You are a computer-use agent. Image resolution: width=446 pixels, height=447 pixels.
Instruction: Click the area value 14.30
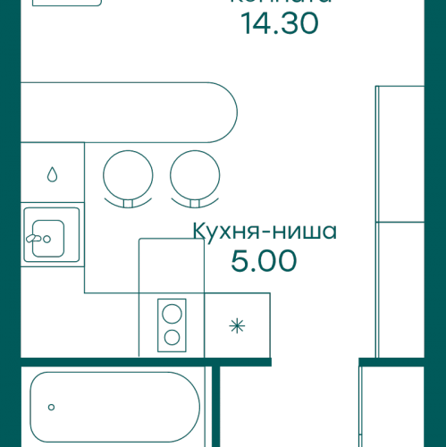280,24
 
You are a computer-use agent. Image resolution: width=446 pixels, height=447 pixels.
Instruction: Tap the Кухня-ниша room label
264,233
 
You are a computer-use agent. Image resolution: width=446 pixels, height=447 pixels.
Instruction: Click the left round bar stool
126,172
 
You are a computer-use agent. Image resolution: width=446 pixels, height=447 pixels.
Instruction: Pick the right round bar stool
192,172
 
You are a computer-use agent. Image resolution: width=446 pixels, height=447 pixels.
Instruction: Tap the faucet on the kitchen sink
37,239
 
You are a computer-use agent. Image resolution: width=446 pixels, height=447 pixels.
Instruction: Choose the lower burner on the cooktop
171,337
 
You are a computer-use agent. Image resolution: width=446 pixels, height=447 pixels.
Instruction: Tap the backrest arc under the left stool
126,203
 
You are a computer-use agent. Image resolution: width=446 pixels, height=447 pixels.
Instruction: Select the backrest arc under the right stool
192,203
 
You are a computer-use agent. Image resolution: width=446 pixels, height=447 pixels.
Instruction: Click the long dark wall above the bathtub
143,361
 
